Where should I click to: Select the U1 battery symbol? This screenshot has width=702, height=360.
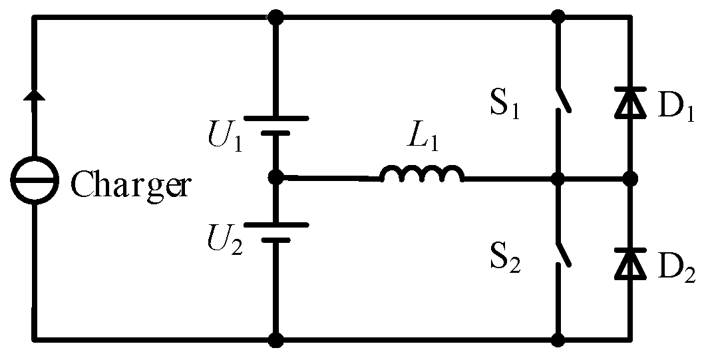coord(275,126)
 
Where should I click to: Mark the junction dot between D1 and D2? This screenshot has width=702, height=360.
coord(629,178)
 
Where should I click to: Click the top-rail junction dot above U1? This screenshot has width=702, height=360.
coord(275,18)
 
